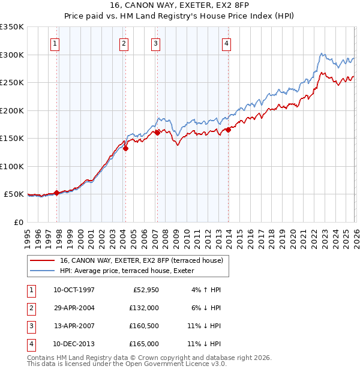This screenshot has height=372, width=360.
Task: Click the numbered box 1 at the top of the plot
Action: click(55, 43)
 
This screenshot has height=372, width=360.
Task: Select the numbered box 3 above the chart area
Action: click(155, 43)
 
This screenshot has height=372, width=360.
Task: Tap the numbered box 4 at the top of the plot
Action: click(226, 43)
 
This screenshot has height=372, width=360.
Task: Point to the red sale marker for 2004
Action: click(125, 149)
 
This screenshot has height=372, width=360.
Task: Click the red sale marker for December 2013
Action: click(228, 130)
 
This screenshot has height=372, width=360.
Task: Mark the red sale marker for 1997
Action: click(57, 193)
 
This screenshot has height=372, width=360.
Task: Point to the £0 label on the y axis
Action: click(17, 222)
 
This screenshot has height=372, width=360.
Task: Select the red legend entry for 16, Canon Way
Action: click(141, 260)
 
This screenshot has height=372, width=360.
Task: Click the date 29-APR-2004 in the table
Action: click(74, 307)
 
